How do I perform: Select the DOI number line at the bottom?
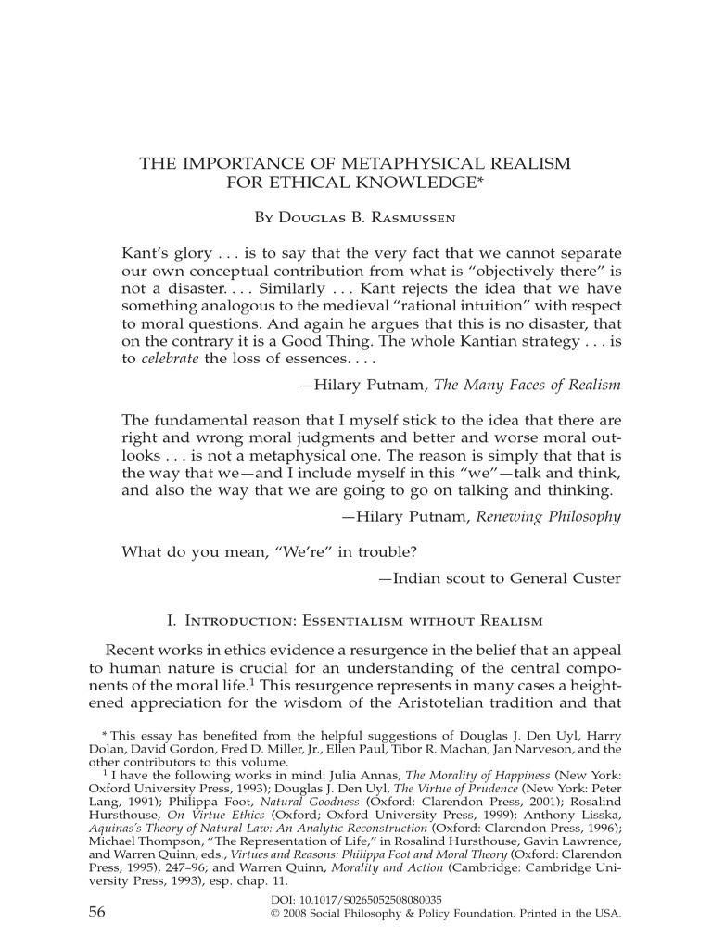355,899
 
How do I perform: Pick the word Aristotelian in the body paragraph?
471,708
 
